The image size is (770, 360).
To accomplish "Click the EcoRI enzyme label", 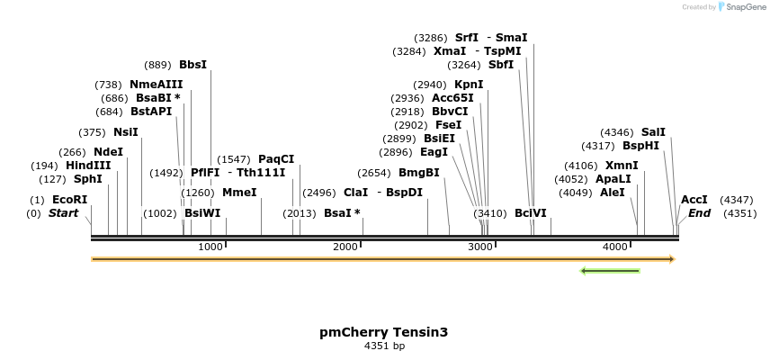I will (x=69, y=200).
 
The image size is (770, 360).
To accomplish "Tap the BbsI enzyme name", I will (x=192, y=65).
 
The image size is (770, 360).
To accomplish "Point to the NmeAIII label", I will (x=156, y=85).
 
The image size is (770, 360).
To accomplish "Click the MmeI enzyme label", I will (x=238, y=193).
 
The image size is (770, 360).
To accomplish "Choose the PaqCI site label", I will (x=276, y=159).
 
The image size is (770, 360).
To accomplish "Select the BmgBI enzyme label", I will (x=418, y=173).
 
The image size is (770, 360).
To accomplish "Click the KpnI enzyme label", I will (x=469, y=85).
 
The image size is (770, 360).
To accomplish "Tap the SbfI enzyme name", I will (x=501, y=65).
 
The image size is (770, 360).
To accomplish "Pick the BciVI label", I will (x=530, y=213).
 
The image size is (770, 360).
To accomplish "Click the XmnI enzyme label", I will (x=622, y=166).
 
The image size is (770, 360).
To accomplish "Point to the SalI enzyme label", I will (x=653, y=132).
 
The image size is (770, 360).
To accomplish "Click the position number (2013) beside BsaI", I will (x=299, y=213).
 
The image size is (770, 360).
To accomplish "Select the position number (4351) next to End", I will (x=739, y=213).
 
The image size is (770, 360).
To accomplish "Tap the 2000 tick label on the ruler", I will (x=346, y=247).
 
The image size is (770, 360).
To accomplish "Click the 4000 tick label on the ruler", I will (x=615, y=247).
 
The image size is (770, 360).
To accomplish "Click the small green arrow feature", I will (x=610, y=270).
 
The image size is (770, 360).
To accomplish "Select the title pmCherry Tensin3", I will (x=384, y=332).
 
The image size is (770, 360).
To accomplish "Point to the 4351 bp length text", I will (x=384, y=346).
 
